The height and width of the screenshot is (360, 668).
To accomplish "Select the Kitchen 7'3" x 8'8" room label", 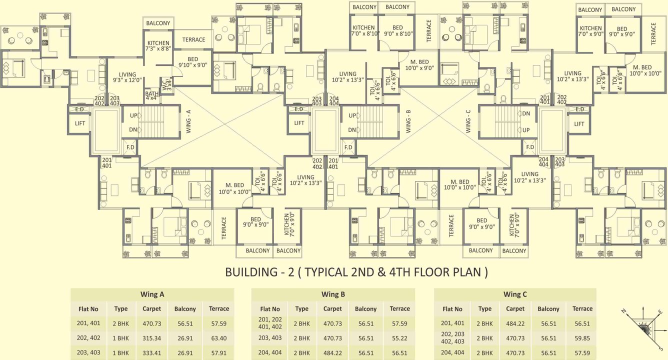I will [x=158, y=46].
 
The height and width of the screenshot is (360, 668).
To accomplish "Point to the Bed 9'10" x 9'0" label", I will [x=192, y=62].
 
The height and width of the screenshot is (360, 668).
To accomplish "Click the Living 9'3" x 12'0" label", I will [x=127, y=77].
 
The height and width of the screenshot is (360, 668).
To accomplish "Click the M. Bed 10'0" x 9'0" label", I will [x=419, y=64].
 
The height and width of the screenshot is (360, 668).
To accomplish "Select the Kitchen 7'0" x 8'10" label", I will [x=363, y=31].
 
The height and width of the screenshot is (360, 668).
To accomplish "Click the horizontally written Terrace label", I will [x=193, y=39].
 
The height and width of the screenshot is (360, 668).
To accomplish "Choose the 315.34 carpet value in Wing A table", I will [x=151, y=338].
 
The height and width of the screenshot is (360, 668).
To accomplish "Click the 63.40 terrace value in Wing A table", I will [x=219, y=338].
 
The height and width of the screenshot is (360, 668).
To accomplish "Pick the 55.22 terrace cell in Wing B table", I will [x=399, y=338].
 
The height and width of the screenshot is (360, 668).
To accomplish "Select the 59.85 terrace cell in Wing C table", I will [x=582, y=338].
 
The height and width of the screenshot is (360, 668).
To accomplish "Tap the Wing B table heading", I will [x=333, y=294].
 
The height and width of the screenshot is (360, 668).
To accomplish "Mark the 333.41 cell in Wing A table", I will [x=151, y=353].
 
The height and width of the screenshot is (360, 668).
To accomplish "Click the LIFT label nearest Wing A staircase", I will [x=79, y=123].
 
